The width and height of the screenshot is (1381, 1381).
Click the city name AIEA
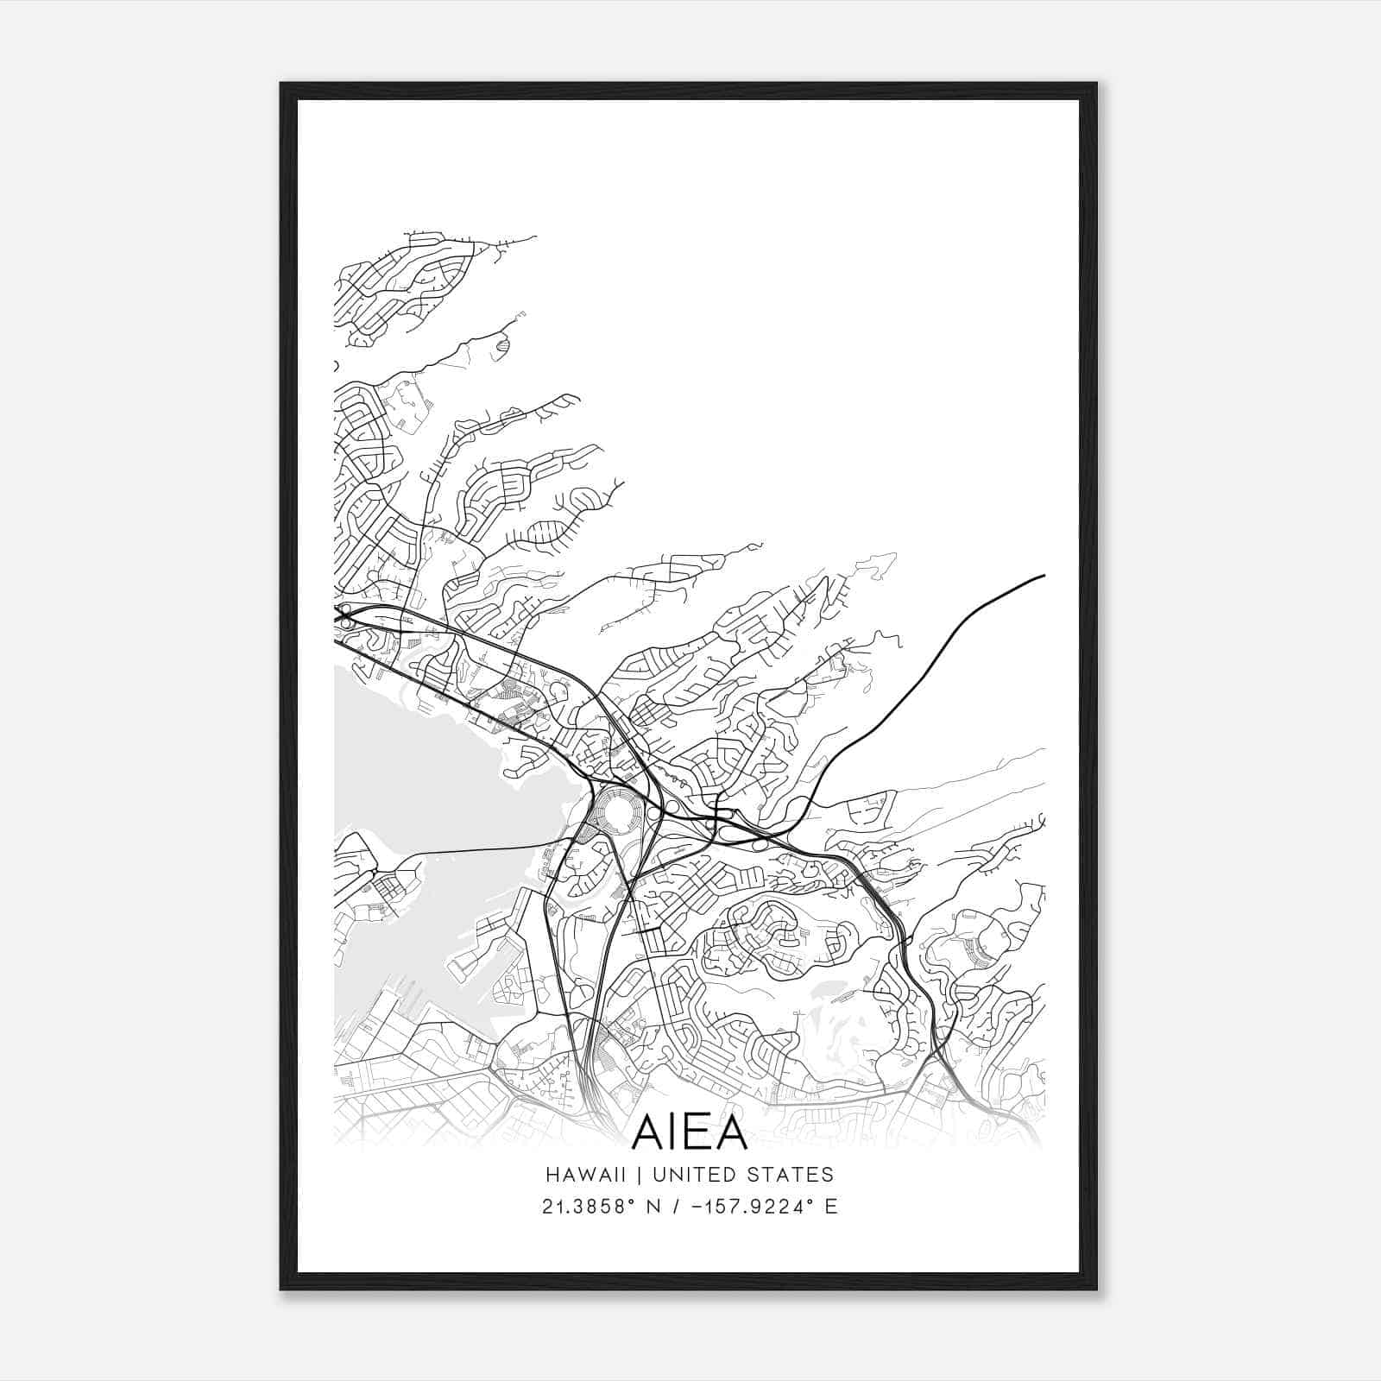click(690, 1132)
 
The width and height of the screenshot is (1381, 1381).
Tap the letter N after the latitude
click(665, 1207)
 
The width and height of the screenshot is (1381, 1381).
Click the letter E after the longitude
click(830, 1207)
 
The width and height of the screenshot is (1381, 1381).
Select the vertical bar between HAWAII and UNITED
click(642, 1174)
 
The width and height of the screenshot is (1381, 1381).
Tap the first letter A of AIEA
click(647, 1132)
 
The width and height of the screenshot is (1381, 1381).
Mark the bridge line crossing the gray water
click(483, 849)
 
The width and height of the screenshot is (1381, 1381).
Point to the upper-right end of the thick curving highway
click(1044, 575)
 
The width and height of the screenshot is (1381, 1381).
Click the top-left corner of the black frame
click(281, 84)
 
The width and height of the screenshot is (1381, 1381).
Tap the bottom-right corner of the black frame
click(1097, 1290)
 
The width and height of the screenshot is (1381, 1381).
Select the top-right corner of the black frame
click(1097, 84)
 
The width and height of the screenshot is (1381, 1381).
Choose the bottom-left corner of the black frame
click(281, 1290)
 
